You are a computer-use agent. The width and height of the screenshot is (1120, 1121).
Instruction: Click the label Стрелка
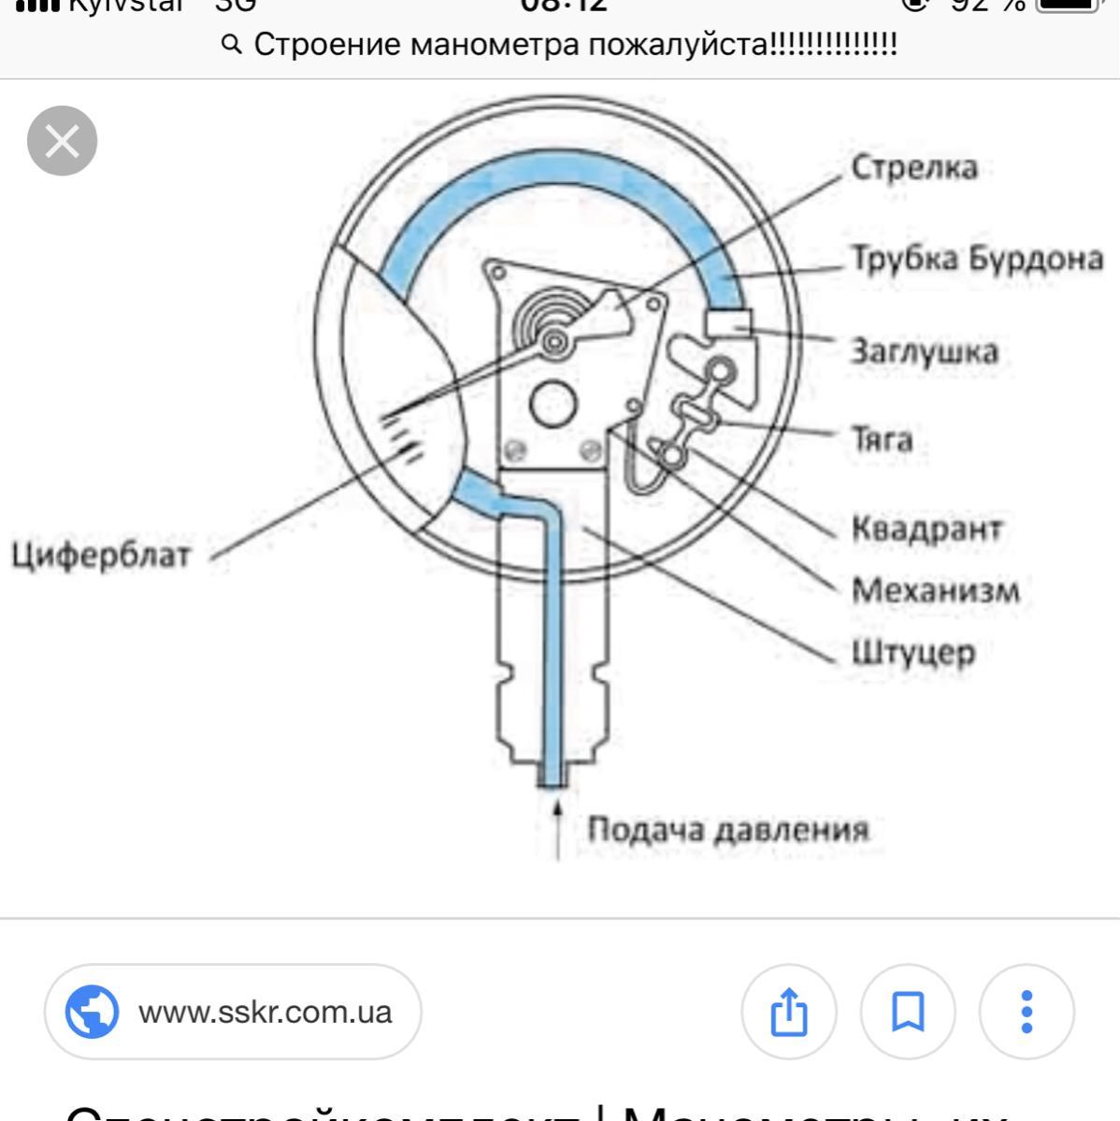click(x=912, y=168)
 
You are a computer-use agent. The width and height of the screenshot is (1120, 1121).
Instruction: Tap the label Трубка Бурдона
click(x=976, y=259)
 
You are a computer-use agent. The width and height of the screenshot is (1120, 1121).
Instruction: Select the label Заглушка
click(x=924, y=352)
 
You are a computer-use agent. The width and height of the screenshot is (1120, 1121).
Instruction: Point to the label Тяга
click(x=881, y=438)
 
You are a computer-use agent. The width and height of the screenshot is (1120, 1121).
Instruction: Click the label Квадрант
click(x=926, y=529)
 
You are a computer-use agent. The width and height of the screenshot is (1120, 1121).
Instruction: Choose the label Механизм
click(x=935, y=590)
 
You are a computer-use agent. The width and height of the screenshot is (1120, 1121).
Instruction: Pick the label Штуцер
click(x=912, y=651)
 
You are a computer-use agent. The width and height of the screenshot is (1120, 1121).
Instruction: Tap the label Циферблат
click(x=101, y=555)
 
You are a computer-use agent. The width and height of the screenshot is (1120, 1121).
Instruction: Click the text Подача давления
click(x=727, y=830)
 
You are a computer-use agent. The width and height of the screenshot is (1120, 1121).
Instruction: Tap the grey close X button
click(x=63, y=141)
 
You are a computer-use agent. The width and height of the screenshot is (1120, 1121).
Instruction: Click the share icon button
click(x=788, y=1012)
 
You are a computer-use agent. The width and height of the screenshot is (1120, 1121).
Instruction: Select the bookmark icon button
click(x=907, y=1012)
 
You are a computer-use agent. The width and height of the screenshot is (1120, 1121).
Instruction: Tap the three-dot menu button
click(x=1027, y=1012)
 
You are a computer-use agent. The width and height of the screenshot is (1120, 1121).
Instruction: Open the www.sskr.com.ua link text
click(x=265, y=1012)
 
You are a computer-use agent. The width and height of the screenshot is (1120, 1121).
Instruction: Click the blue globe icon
click(x=92, y=1012)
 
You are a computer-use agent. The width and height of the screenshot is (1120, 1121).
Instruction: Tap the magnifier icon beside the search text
click(x=233, y=44)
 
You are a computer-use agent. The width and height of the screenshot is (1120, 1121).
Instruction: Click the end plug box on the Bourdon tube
click(x=727, y=322)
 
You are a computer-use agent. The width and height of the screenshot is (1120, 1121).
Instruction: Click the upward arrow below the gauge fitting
click(x=558, y=827)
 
